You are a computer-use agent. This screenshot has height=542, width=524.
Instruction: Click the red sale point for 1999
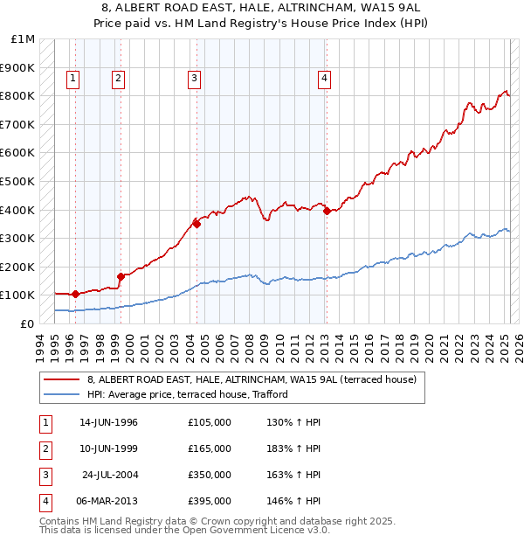point(121,276)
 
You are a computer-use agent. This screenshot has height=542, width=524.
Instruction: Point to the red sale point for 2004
point(196,224)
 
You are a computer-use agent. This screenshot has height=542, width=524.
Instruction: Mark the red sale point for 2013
point(326,211)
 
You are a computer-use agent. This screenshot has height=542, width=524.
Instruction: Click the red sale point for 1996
point(76,294)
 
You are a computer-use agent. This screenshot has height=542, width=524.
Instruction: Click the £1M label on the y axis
point(24,39)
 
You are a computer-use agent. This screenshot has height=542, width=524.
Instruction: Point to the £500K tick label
point(18,181)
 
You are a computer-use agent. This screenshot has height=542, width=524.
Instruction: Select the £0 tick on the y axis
point(28,323)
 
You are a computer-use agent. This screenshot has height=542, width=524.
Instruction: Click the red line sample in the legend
point(61,380)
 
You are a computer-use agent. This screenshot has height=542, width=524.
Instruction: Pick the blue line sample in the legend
point(61,394)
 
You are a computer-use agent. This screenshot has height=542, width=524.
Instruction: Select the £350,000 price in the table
point(210,475)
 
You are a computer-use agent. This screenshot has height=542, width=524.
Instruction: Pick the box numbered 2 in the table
point(45,448)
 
